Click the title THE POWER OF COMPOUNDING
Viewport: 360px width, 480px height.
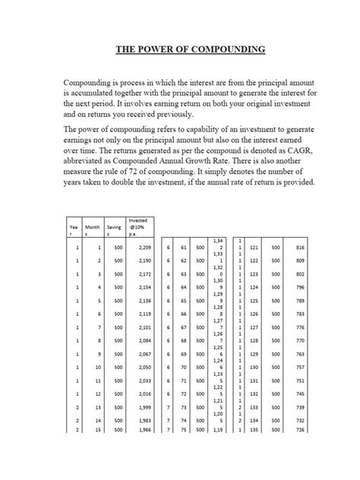point(190,50)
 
